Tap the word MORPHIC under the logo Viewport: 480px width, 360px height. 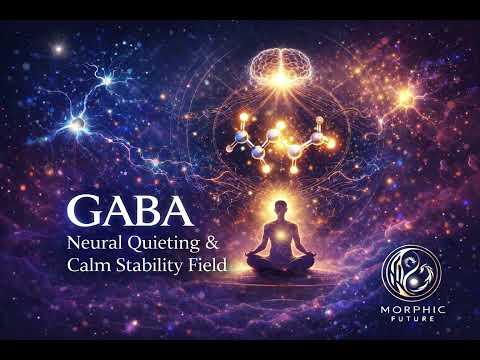(x=421, y=311)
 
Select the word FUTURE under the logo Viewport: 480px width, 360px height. (x=421, y=323)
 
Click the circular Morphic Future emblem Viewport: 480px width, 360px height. (x=420, y=272)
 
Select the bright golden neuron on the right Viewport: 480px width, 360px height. (x=406, y=97)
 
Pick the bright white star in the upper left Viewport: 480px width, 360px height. (x=58, y=48)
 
